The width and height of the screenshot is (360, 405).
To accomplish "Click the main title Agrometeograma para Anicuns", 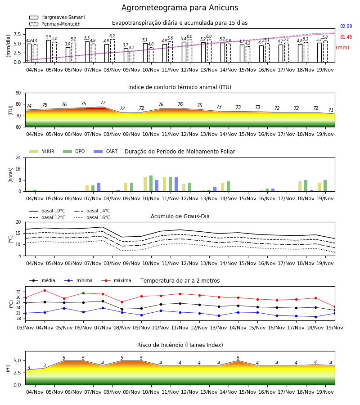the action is point(180,8).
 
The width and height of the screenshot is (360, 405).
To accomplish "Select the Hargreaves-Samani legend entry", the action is point(57,17).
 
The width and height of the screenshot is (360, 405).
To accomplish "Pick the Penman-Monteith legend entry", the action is point(55,24).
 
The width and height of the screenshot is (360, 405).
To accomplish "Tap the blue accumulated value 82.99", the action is point(346,26).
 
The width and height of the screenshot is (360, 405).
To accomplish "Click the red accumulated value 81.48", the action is point(346,37).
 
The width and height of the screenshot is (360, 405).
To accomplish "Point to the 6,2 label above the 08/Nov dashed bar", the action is point(112,36).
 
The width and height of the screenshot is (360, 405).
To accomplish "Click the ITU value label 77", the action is point(103,103).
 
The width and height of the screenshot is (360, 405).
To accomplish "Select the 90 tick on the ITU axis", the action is point(18,93).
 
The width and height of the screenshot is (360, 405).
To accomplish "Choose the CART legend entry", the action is point(106,151).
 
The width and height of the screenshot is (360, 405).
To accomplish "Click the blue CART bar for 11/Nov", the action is point(176,184).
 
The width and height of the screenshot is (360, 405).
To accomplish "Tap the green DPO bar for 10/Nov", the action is point(151,184).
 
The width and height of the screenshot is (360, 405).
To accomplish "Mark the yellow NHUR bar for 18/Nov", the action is point(300,186).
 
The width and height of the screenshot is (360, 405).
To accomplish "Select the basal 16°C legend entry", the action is point(92,217).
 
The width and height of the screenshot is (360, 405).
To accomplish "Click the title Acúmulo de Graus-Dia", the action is point(180,216).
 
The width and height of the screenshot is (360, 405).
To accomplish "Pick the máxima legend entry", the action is point(116,280).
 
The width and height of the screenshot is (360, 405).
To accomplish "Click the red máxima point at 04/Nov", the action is point(45,290).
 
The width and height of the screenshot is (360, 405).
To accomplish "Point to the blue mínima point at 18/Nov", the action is point(315,317).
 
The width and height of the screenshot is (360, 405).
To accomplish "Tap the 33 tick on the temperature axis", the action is point(18,292).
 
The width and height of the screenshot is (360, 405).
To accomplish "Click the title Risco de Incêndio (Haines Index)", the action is point(180,345).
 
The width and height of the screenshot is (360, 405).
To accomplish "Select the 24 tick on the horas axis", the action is point(18,157).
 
